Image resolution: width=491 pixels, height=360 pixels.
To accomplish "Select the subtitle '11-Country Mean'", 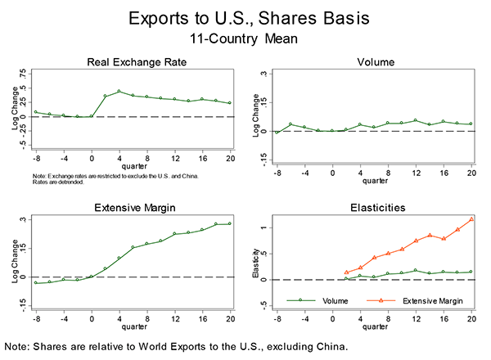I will click(245, 37).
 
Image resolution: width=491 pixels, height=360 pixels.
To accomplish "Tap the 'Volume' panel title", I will click(376, 62).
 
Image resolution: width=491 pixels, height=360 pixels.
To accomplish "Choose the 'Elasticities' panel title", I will click(376, 209).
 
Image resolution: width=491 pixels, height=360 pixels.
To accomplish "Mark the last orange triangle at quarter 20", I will click(471, 219).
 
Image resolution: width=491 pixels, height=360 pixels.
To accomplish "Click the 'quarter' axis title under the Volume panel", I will click(376, 180).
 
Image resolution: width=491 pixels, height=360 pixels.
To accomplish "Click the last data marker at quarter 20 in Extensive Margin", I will click(230, 223).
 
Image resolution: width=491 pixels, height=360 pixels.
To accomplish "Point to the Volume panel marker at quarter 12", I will click(416, 120).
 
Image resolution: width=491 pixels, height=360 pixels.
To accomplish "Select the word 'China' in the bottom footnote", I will click(327, 346).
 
